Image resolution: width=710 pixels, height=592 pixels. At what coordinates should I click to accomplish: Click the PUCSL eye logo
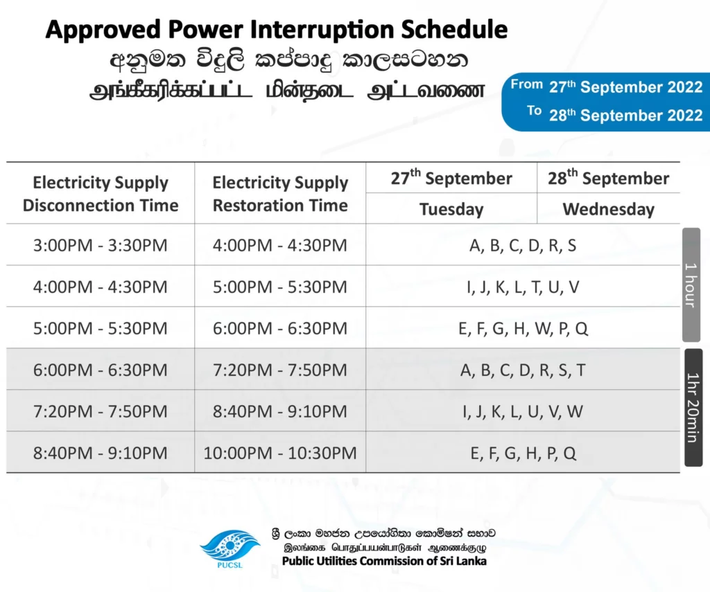[230, 548]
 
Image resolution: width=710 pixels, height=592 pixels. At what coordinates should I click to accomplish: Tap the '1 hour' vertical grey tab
[691, 285]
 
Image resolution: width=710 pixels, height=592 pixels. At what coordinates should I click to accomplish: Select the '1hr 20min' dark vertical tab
[693, 407]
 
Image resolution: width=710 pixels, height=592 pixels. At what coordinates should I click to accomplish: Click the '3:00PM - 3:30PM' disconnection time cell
[100, 245]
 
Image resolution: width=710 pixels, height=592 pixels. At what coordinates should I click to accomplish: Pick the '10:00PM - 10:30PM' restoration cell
[280, 453]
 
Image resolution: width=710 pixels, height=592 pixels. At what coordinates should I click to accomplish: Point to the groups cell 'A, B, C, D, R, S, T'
[523, 370]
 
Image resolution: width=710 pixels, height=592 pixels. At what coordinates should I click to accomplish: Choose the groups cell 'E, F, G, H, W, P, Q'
[523, 328]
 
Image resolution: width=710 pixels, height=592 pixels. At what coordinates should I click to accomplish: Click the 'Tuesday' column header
[451, 209]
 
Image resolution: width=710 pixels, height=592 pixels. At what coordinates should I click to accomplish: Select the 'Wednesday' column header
[609, 209]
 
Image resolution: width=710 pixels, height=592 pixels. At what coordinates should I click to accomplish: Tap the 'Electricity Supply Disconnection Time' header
[101, 194]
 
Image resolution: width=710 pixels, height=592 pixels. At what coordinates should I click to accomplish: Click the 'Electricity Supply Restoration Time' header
[280, 194]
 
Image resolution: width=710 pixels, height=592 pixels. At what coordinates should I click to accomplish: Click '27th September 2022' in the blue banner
[626, 87]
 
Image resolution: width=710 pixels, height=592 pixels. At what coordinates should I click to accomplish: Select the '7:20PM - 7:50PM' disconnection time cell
[100, 411]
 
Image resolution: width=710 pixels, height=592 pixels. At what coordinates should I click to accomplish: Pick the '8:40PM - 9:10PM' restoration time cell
[280, 411]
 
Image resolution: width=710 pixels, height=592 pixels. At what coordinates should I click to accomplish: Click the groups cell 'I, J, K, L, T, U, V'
[523, 287]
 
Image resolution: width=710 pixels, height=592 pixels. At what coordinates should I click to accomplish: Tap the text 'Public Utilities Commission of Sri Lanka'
[384, 562]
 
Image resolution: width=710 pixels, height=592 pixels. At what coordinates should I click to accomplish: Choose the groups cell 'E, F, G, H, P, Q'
[523, 453]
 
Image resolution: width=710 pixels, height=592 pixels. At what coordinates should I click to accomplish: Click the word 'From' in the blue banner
[527, 84]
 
